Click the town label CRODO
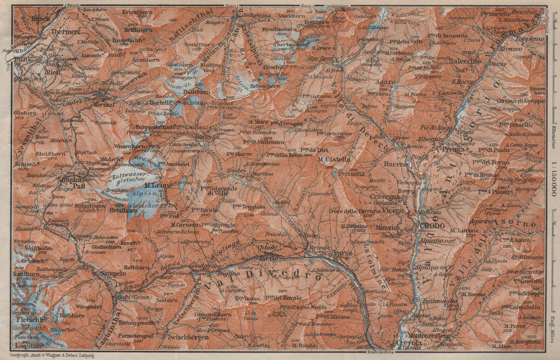(432, 226)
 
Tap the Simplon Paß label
(71, 184)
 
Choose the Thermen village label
(65, 32)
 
